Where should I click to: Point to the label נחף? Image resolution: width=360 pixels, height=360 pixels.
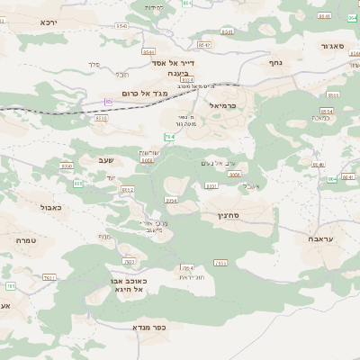[275, 64]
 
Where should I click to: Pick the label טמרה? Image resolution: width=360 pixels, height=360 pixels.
[25, 240]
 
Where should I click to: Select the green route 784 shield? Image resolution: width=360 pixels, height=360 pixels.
[168, 137]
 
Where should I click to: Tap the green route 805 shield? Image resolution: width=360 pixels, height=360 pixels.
[78, 184]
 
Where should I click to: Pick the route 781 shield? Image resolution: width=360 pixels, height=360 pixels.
[10, 286]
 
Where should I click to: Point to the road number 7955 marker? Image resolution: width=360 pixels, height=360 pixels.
[49, 277]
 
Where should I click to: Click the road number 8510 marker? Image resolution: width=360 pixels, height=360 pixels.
[101, 118]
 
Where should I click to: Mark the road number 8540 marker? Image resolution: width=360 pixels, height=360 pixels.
[121, 27]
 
